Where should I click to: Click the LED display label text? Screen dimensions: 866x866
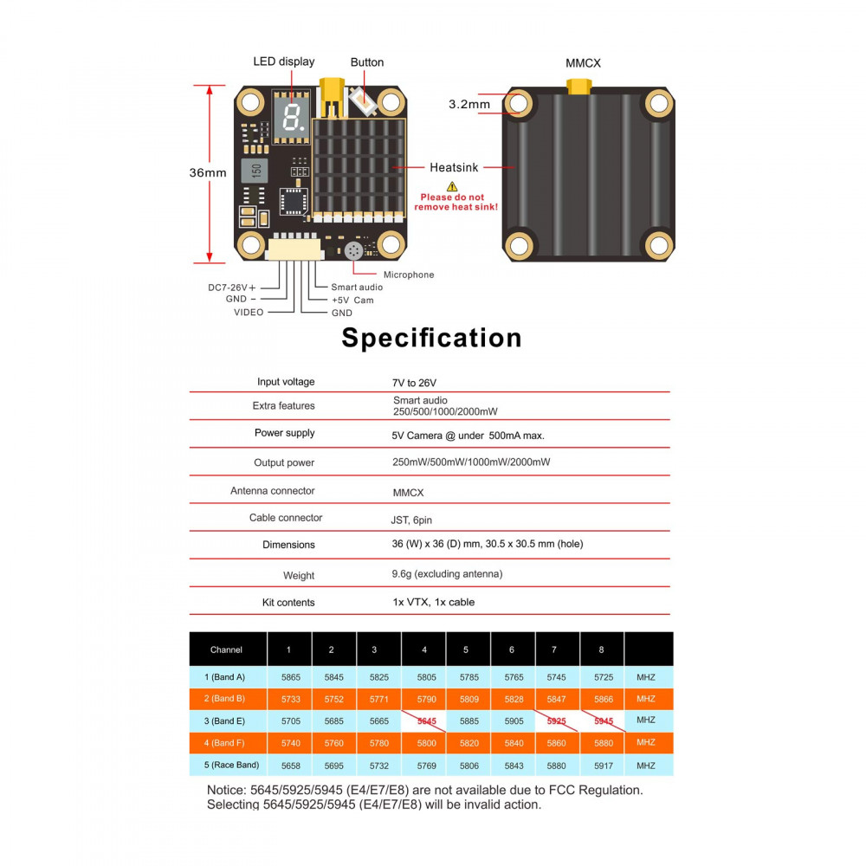pos(283,61)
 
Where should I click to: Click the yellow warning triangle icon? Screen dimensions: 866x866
pos(452,186)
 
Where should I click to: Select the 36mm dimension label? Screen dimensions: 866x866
pos(208,172)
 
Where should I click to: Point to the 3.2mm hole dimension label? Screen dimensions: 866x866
pos(469,104)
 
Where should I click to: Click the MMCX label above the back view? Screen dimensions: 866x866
pos(583,63)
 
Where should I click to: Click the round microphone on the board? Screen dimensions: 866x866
pos(353,251)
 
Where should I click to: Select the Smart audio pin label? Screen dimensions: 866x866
pos(357,287)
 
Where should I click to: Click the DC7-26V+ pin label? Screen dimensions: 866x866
pos(231,287)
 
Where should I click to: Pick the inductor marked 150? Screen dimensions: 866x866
pos(256,170)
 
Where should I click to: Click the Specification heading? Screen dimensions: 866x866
pos(431,337)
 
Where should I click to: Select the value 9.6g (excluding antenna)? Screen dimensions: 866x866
pos(447,573)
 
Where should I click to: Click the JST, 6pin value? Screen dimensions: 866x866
pos(411,520)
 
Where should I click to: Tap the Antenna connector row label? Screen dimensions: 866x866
pos(272,491)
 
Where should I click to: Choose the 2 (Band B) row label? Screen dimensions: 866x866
pos(227,698)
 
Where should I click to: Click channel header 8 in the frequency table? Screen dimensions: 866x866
pos(601,649)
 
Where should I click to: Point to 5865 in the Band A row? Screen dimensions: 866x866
pos(290,676)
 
